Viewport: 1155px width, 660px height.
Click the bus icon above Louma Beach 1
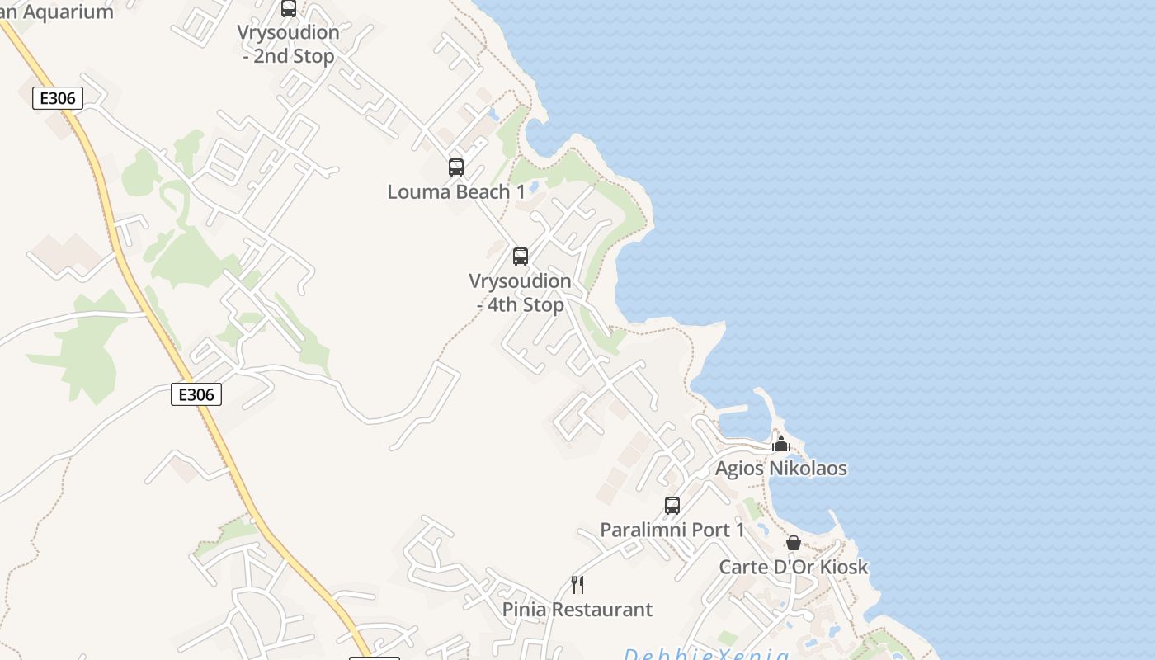456,167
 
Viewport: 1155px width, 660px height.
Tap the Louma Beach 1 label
456,192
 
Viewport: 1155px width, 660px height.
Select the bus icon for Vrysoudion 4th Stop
521,257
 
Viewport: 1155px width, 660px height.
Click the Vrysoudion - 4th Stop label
521,293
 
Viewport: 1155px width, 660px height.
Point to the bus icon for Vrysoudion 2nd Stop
289,8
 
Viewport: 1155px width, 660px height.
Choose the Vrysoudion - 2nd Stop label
289,45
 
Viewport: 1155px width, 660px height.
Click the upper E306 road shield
58,98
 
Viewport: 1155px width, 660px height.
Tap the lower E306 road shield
196,394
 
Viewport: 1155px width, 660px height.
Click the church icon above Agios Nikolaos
780,444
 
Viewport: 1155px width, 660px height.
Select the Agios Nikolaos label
780,469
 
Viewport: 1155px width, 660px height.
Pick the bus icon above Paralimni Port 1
672,506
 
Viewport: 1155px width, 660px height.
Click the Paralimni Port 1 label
672,530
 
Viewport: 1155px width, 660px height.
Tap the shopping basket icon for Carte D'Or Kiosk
794,543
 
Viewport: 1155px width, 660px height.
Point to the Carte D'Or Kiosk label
794,567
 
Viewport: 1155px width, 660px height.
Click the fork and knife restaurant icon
577,585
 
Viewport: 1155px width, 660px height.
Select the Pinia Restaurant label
577,610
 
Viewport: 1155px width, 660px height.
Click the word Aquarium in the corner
70,12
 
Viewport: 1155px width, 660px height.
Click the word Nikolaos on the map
808,469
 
